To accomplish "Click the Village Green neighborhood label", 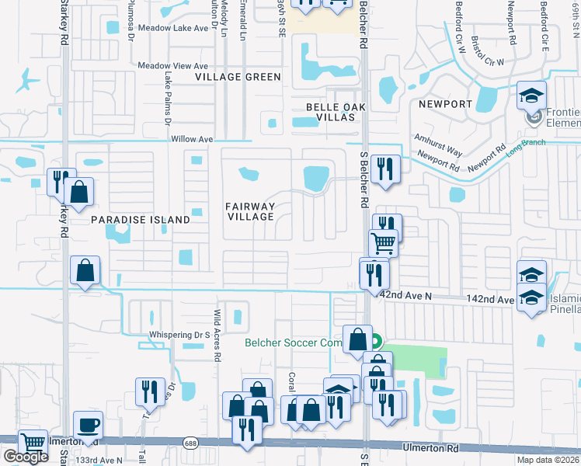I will coord(238,77).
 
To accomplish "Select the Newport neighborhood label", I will coord(445,103).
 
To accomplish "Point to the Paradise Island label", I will coord(141,220).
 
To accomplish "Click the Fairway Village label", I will coord(250,211).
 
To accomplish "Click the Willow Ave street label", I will coord(191,140).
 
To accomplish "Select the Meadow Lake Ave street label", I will coord(172,28).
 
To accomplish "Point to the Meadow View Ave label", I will coord(173,67).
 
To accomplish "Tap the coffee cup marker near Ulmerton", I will coord(87,425).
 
